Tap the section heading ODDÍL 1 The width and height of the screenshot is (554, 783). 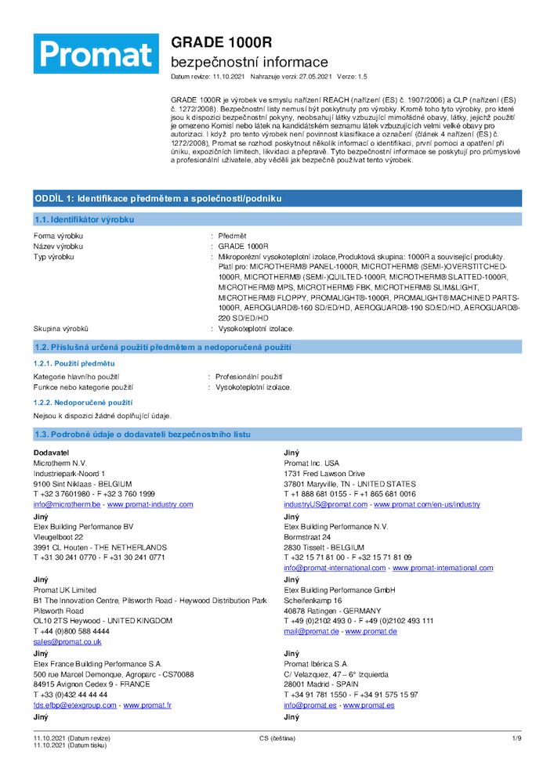click(158, 198)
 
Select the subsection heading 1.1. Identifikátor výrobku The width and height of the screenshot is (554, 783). click(84, 220)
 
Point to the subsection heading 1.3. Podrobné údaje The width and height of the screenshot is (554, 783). click(142, 434)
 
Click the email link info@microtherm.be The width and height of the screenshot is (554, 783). click(67, 504)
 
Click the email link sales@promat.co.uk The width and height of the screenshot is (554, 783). click(67, 641)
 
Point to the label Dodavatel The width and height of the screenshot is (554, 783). click(51, 453)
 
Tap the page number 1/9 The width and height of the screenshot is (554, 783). click(516, 738)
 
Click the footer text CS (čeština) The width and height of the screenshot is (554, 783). click(277, 738)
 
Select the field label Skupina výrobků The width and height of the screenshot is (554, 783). click(60, 329)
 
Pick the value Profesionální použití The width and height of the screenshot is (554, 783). click(249, 377)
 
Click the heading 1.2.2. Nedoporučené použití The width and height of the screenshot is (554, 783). click(77, 402)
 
